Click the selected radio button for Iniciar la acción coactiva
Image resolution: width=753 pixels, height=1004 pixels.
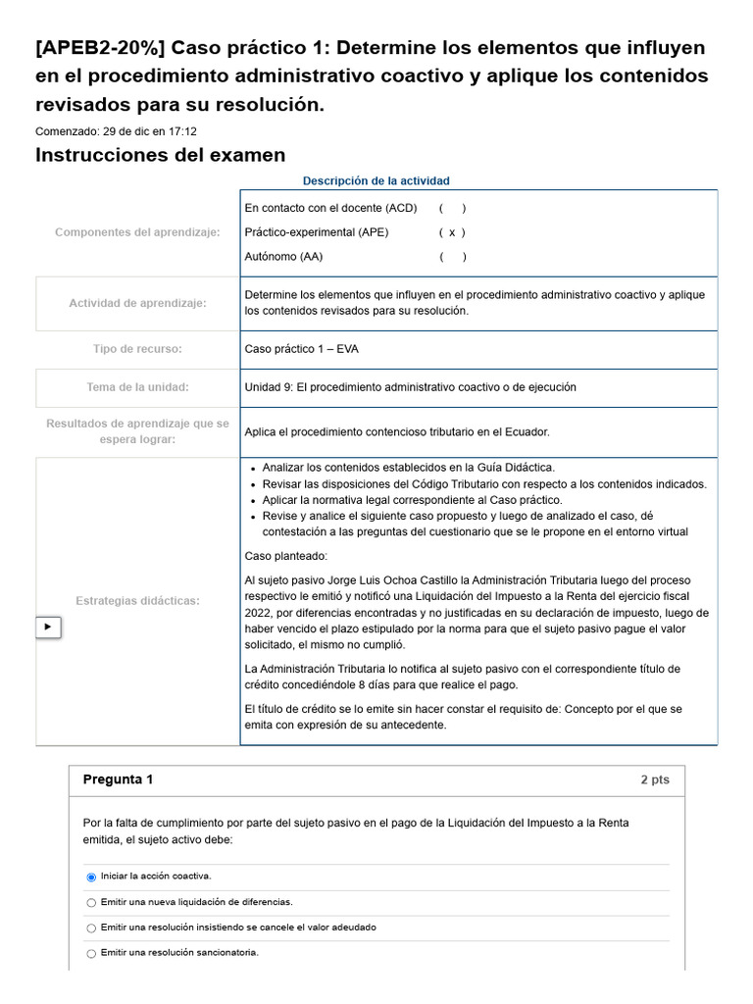coord(91,877)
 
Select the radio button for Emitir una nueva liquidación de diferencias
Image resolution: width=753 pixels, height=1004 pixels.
coord(91,902)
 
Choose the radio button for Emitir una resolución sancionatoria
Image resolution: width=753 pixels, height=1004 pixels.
coord(91,953)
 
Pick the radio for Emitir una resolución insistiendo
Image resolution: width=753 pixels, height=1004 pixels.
coord(91,928)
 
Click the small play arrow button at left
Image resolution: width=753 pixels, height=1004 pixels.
coord(48,627)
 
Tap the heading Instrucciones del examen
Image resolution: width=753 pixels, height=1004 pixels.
coord(160,155)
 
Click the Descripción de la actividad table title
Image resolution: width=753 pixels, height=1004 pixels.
coord(376,181)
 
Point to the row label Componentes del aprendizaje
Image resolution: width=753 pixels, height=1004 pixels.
coord(137,232)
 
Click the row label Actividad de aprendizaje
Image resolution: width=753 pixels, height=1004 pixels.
coord(137,303)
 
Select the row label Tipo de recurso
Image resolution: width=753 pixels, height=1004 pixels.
coord(137,349)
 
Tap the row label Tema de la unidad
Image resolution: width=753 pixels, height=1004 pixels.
coord(137,387)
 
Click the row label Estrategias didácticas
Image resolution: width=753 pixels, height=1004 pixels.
coord(137,600)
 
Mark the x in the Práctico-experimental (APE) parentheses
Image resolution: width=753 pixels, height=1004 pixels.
coord(451,232)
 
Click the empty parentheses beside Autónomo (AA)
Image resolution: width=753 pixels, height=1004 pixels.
coord(451,257)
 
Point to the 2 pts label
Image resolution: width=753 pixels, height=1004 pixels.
coord(654,780)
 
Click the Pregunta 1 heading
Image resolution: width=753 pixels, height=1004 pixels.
coord(118,780)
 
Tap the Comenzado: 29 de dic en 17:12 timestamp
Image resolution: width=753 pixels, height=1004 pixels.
coord(116,131)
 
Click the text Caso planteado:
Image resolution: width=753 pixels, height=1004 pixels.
coord(285,556)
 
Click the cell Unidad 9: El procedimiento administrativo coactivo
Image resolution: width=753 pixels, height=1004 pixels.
coord(410,387)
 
